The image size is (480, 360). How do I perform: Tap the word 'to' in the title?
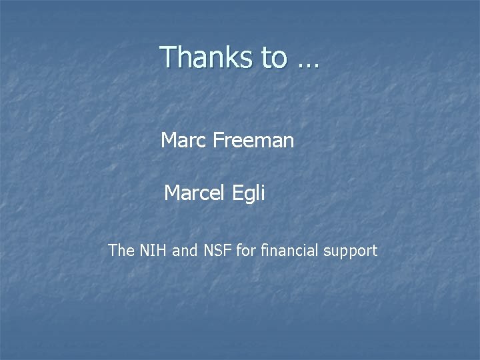pyautogui.click(x=274, y=57)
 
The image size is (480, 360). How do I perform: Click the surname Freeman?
pyautogui.click(x=253, y=141)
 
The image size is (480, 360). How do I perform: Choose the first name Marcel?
pyautogui.click(x=195, y=193)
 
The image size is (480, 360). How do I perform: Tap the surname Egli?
pyautogui.click(x=249, y=194)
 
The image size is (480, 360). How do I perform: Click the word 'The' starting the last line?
pyautogui.click(x=121, y=251)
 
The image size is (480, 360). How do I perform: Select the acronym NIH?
pyautogui.click(x=153, y=251)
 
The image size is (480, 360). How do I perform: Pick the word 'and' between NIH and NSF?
pyautogui.click(x=184, y=251)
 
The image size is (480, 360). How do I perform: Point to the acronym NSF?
pyautogui.click(x=216, y=251)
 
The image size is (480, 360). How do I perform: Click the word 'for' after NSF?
pyautogui.click(x=245, y=251)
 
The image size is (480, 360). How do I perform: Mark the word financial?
pyautogui.click(x=288, y=251)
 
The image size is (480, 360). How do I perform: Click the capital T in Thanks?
pyautogui.click(x=169, y=57)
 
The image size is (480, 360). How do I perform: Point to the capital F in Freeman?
pyautogui.click(x=218, y=141)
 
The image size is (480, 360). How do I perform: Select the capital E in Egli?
pyautogui.click(x=237, y=193)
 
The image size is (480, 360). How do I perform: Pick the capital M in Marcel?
pyautogui.click(x=172, y=193)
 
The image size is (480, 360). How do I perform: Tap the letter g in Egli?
pyautogui.click(x=250, y=196)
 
